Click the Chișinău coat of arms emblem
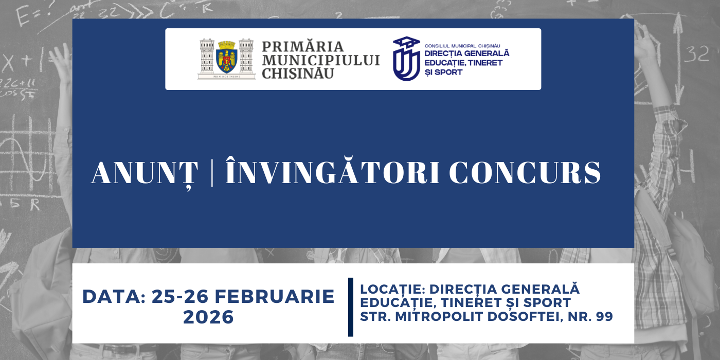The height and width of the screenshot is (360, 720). point(227,59)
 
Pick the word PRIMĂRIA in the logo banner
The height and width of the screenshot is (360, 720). point(303,47)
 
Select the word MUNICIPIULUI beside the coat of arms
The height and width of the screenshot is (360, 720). point(321,60)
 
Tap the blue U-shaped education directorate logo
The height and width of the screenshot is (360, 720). point(406,59)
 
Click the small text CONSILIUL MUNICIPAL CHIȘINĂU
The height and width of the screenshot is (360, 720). point(462,46)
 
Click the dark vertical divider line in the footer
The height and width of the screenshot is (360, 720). point(351,307)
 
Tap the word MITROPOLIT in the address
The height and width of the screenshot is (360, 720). point(436,317)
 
